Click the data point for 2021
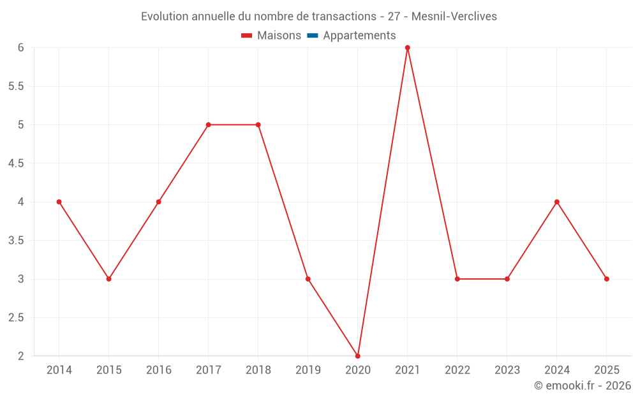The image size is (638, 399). pos(408,48)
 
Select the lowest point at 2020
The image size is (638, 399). pos(358,356)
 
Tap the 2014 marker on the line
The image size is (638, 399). pos(59,202)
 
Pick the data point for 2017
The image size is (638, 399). pos(209,124)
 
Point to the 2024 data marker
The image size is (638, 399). pos(557,202)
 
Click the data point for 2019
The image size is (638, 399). pos(308,279)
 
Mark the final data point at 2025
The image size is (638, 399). pos(607,279)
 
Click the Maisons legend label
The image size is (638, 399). pos(279,36)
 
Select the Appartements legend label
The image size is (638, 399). pos(359,36)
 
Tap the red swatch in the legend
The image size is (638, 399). pos(247,36)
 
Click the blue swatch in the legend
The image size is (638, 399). pos(313,36)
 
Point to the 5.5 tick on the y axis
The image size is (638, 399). pos(16,86)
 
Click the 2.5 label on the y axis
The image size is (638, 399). pos(16,318)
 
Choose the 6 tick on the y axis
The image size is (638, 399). pos(21,48)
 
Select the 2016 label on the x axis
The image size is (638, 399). pos(159,370)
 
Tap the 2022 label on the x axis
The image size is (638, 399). pos(457,370)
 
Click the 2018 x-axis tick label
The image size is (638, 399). pos(258,370)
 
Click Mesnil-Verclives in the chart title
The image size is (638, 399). pos(454,17)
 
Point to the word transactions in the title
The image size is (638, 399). pos(347,17)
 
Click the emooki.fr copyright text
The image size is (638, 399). pos(582,386)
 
